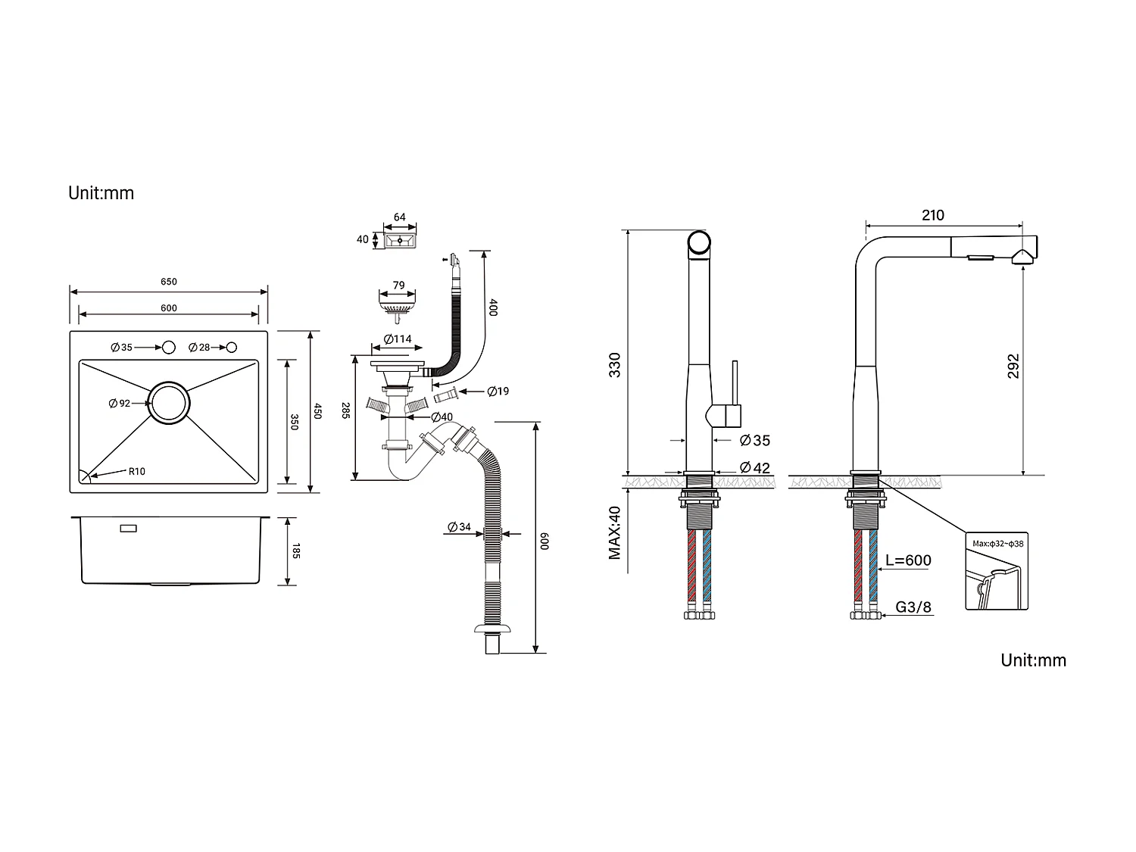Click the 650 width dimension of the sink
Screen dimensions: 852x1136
168,282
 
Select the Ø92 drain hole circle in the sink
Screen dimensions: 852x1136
168,402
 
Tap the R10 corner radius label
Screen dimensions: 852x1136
136,471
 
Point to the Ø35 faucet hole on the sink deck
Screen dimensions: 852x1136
168,347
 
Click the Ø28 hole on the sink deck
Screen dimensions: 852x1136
231,347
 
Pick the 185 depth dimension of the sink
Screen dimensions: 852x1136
295,551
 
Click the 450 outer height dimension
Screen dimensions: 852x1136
318,411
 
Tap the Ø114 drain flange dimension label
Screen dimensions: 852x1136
398,339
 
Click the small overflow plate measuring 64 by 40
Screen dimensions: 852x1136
400,240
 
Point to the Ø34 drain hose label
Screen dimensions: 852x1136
459,527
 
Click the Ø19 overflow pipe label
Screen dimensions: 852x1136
498,391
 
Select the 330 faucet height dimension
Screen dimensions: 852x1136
615,365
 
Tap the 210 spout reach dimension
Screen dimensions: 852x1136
933,215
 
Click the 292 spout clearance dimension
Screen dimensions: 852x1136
1013,366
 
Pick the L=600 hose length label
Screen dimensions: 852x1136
908,560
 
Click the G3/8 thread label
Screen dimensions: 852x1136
914,607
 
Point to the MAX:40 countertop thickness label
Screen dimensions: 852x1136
614,533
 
